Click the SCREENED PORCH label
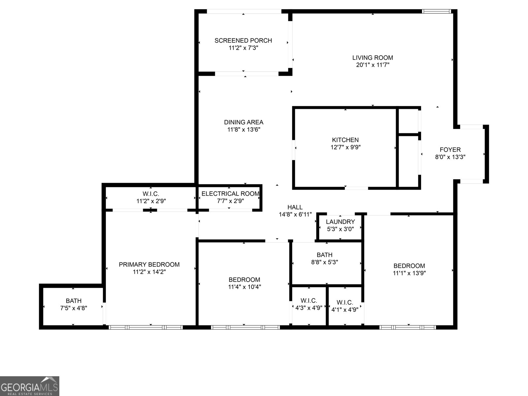243,41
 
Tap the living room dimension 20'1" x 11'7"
373,65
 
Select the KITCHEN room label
345,140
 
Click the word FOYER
450,150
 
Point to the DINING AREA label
244,122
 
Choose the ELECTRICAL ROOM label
230,194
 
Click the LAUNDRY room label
340,222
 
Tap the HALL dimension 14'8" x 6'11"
295,214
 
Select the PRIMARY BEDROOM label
149,264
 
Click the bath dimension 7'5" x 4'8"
74,308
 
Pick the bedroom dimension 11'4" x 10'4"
244,287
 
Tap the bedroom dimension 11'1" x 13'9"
409,273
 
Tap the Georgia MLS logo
29,386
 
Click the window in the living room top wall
436,12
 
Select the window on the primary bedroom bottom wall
146,327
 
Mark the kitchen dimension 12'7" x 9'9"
345,147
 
